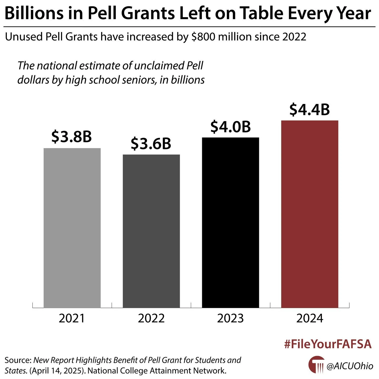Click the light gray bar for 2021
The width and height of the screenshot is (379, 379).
[72, 228]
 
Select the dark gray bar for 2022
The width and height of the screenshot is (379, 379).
[151, 231]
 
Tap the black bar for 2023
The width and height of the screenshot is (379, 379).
[231, 222]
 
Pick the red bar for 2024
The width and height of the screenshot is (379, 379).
[310, 214]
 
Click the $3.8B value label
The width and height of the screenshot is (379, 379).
[72, 137]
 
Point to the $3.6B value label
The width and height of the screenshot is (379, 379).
[151, 144]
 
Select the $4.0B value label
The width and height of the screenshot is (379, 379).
[231, 127]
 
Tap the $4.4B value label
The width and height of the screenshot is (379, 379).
[310, 110]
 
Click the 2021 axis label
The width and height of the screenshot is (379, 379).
[72, 318]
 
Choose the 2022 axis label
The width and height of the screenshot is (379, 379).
[151, 318]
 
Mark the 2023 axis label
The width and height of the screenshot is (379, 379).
[231, 318]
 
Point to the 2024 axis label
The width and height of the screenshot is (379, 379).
[310, 318]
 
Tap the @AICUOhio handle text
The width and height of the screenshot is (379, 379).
[350, 366]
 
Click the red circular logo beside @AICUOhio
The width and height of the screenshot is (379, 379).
[316, 365]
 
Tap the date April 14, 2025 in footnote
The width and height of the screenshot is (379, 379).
[57, 371]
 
